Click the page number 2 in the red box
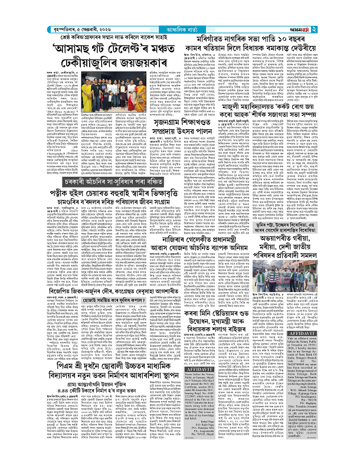[x=348, y=8]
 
